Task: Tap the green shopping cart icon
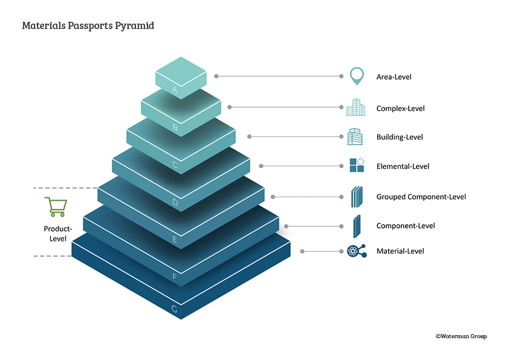[x=56, y=207]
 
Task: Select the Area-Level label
[x=394, y=77]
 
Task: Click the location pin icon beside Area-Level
[x=357, y=76]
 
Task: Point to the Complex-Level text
[x=400, y=108]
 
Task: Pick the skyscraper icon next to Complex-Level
[x=355, y=107]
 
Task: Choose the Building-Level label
[x=400, y=137]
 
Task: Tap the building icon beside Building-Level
[x=355, y=137]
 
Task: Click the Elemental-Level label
[x=403, y=166]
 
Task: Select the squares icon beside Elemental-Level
[x=357, y=165]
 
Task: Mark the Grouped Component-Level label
[x=421, y=197]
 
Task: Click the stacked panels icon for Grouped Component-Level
[x=357, y=197]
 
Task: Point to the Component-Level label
[x=406, y=226]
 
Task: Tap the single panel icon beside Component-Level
[x=357, y=226]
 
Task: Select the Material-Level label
[x=400, y=251]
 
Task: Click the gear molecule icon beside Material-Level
[x=356, y=251]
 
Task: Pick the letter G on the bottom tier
[x=174, y=309]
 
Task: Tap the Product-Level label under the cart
[x=58, y=234]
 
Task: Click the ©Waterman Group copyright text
[x=461, y=336]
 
